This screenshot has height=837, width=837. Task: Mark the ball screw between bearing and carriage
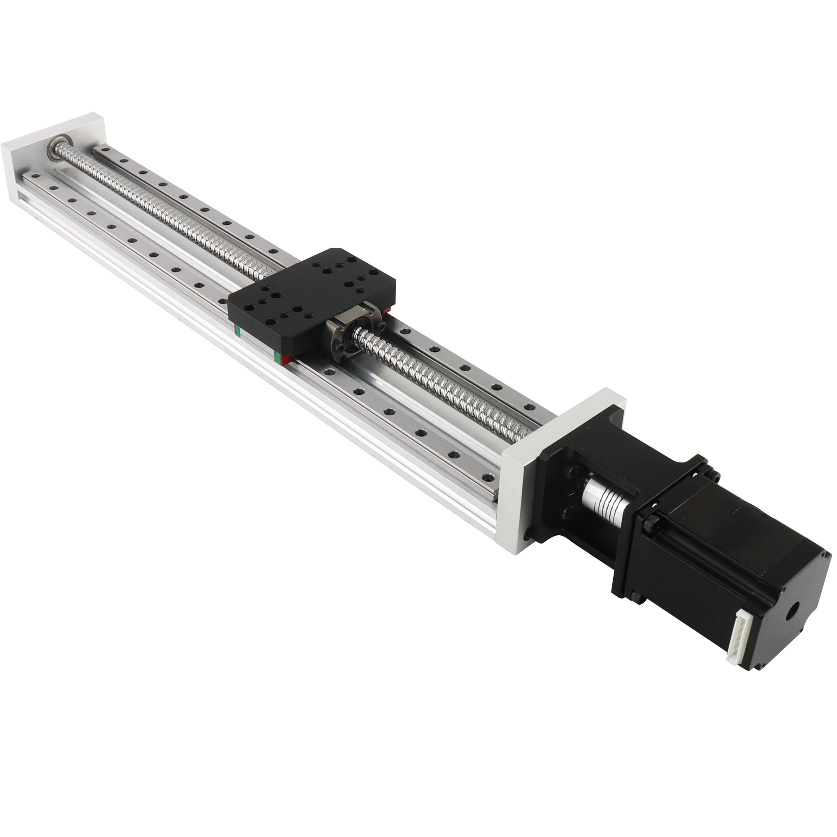173,208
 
